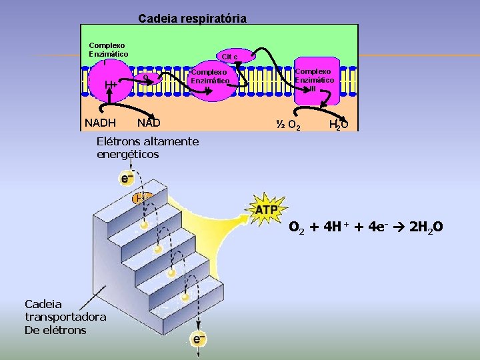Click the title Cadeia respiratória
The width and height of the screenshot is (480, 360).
pos(193,18)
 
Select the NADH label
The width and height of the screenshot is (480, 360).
pos(101,123)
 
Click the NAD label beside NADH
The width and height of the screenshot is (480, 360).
pos(148,123)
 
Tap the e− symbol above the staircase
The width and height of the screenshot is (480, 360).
pos(126,179)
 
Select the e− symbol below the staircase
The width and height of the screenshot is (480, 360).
pos(198,339)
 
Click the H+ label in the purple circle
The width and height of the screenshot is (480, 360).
pos(111,85)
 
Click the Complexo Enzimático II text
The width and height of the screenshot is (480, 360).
pos(210,77)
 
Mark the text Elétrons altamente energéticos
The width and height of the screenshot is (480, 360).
pos(147,147)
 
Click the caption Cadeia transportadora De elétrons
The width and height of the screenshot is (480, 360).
pos(55,318)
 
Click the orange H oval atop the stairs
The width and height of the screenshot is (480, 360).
pos(141,197)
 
